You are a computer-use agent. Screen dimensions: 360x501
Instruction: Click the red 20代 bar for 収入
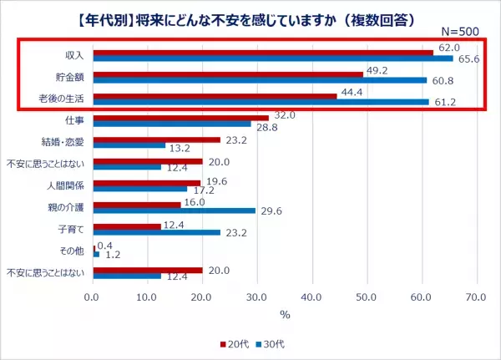tap(263, 53)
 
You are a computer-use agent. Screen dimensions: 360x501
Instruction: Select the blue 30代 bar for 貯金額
tap(260, 80)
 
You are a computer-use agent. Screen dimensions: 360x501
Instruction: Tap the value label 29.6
tap(270, 211)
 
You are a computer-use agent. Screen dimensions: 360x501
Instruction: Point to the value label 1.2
tap(111, 255)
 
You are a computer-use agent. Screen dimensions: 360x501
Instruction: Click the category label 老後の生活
tap(68, 99)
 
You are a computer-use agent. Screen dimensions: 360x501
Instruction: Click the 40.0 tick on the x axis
tap(311, 297)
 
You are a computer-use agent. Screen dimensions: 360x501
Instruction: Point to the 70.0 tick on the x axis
tap(476, 297)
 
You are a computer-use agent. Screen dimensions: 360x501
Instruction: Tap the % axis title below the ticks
tap(284, 314)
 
